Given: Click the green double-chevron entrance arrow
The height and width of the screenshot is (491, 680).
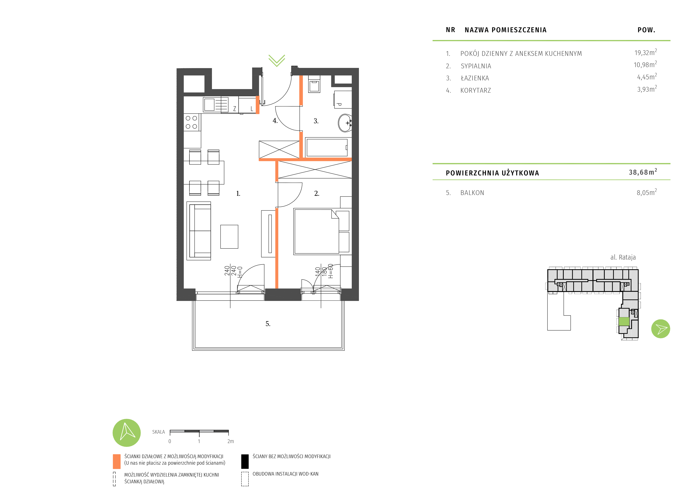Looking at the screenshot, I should pyautogui.click(x=277, y=61).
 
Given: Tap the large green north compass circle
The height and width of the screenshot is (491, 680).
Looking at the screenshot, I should pyautogui.click(x=127, y=433).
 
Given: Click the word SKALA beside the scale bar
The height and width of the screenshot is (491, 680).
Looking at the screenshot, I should pyautogui.click(x=158, y=432).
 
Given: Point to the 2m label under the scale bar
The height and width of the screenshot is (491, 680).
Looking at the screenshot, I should pyautogui.click(x=230, y=441).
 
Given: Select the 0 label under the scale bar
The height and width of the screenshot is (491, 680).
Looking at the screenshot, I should pyautogui.click(x=170, y=441).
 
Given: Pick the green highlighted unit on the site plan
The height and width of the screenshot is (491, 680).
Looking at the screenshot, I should pyautogui.click(x=624, y=321).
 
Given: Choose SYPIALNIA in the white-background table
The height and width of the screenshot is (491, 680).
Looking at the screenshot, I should pyautogui.click(x=476, y=66).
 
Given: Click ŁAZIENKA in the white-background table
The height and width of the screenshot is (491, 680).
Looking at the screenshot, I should pyautogui.click(x=475, y=78).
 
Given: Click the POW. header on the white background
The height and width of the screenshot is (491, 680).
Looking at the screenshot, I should pyautogui.click(x=646, y=30).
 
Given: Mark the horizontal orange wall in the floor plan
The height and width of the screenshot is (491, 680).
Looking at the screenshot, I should pyautogui.click(x=305, y=159).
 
